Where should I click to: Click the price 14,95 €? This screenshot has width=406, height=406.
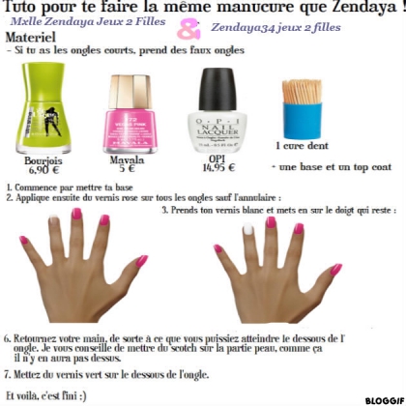[217, 167]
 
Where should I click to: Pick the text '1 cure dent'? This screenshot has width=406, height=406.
[296, 145]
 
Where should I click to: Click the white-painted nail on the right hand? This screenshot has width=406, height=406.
[248, 229]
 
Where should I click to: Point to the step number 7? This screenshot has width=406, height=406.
[7, 371]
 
